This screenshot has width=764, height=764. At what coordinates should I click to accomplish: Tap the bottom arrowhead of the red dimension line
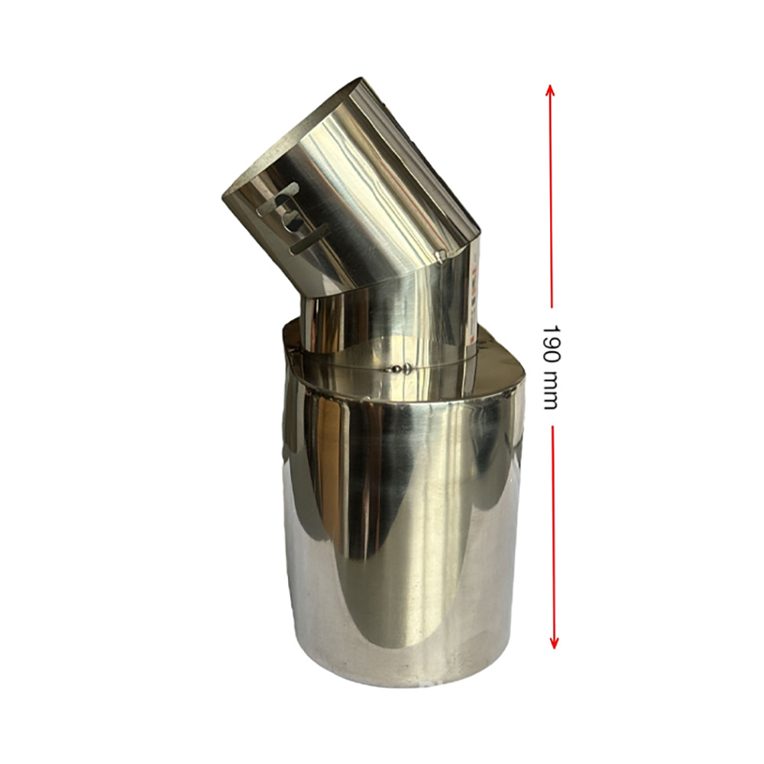553,643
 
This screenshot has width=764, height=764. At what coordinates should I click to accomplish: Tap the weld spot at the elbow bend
441,254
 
